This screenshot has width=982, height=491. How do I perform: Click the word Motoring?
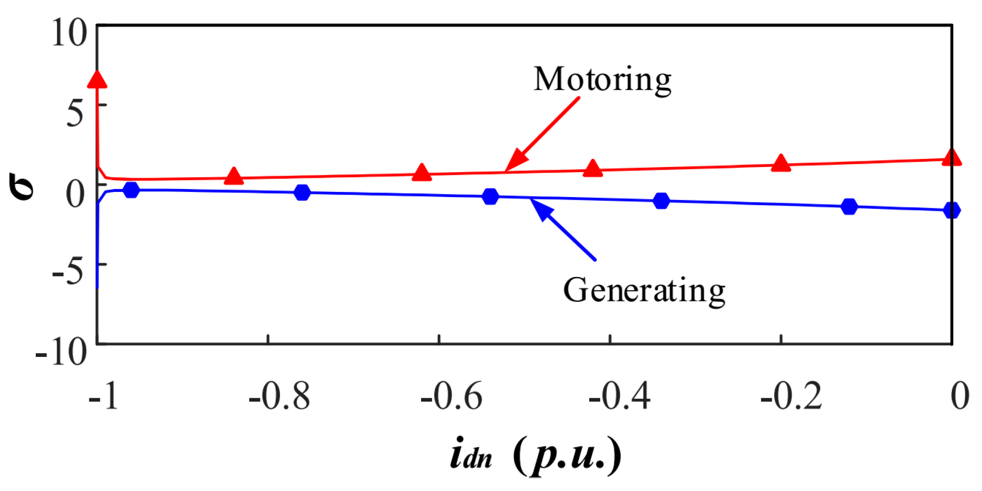click(602, 80)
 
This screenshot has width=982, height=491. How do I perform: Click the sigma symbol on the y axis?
click(22, 186)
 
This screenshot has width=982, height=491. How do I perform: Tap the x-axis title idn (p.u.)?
click(535, 455)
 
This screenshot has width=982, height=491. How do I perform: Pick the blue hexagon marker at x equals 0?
click(951, 210)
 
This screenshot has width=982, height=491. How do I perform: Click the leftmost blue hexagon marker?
click(131, 190)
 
